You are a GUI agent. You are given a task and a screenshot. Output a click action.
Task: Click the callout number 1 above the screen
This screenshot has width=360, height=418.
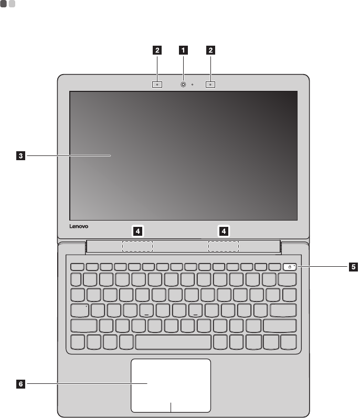coord(184,50)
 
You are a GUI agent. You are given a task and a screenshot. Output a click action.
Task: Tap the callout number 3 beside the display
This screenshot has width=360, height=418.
coord(20,155)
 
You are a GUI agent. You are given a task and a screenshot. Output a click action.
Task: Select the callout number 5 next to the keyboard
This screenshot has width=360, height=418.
coord(353,267)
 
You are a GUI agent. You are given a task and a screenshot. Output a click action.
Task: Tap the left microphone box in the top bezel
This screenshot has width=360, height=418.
coord(157,83)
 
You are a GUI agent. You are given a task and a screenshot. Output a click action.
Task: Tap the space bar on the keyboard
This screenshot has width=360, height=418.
coord(174,342)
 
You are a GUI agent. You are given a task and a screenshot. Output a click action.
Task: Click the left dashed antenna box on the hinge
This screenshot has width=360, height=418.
coord(137,246)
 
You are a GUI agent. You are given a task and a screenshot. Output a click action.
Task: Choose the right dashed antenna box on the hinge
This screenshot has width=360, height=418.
coord(224,246)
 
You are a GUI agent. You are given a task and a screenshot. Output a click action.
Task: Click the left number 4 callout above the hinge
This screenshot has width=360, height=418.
coord(137,230)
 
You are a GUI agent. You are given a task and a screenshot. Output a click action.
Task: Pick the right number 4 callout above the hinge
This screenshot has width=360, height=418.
coord(224,230)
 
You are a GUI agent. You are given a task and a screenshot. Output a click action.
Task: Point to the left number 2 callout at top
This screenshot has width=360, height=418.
coord(157,50)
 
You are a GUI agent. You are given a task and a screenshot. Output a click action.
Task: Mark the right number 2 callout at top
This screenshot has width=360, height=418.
coord(211,50)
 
